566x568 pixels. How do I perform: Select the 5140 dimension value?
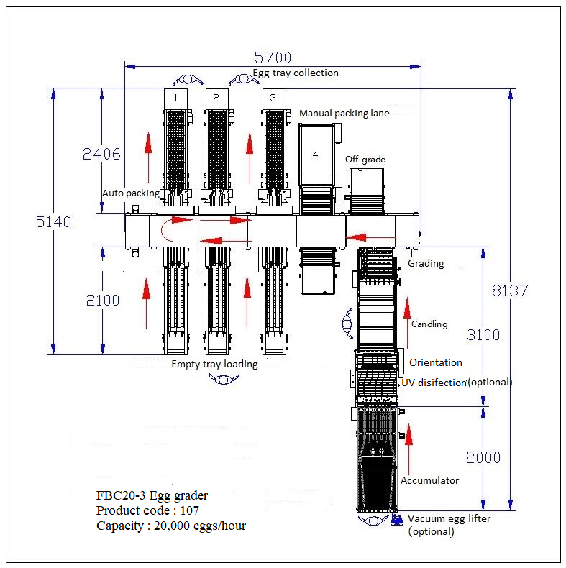click(x=54, y=222)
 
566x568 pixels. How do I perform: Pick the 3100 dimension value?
click(x=483, y=334)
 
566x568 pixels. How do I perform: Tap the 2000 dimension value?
click(x=483, y=457)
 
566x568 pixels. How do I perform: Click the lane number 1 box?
click(x=175, y=97)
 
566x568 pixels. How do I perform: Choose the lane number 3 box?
click(x=273, y=97)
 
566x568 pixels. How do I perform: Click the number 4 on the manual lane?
click(x=315, y=154)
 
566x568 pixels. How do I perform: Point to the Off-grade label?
click(x=365, y=158)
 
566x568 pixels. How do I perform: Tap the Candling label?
click(x=429, y=324)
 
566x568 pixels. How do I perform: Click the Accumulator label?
click(x=429, y=480)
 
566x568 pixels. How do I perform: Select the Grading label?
click(x=426, y=264)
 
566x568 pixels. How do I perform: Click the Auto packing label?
click(x=130, y=193)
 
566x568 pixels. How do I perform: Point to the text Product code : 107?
click(x=147, y=510)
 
